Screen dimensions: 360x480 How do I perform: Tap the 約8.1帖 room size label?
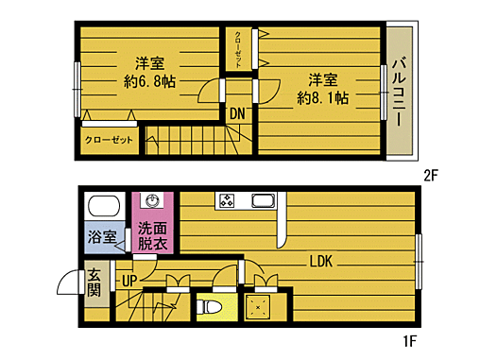tap(322, 97)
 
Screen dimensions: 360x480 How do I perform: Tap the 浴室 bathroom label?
tap(102, 236)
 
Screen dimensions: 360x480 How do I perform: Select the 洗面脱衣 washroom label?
tap(152, 235)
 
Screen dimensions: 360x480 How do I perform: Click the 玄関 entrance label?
tap(94, 283)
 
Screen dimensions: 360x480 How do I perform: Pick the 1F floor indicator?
tap(409, 340)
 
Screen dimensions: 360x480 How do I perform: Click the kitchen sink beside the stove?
tap(261, 200)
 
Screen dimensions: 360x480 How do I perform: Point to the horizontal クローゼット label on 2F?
tap(109, 139)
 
